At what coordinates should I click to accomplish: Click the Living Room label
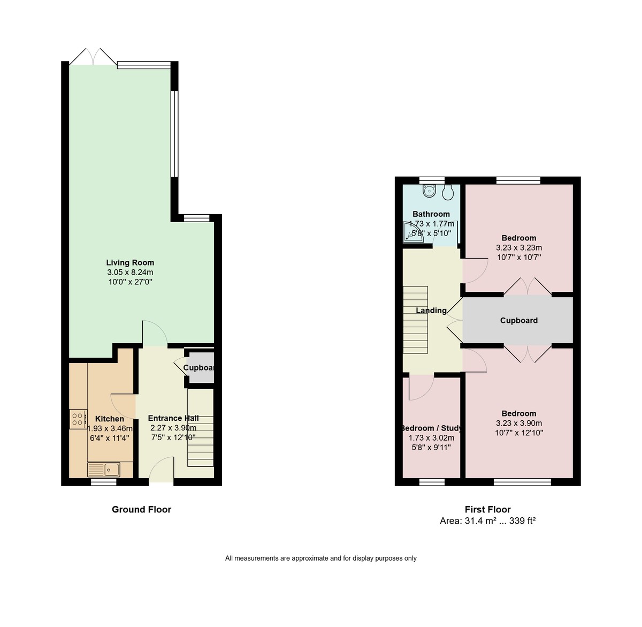[x=130, y=262]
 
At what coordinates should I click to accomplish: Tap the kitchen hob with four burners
[x=78, y=419]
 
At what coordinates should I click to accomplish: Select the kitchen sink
[x=111, y=470]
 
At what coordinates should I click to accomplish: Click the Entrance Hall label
[x=173, y=418]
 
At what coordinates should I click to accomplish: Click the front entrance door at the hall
[x=161, y=471]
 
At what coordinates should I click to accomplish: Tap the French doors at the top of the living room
[x=93, y=57]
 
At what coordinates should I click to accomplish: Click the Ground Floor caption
[x=141, y=509]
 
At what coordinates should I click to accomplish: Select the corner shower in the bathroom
[x=412, y=233]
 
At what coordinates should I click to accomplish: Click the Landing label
[x=431, y=311]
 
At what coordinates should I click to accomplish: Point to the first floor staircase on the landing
[x=416, y=320]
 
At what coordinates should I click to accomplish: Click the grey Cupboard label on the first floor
[x=518, y=320]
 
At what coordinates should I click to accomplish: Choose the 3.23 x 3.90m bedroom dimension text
[x=519, y=423]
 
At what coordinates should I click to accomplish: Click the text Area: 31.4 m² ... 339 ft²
[x=487, y=520]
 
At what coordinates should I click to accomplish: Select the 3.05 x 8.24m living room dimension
[x=130, y=272]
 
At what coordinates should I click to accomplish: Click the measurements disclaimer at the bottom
[x=320, y=558]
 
